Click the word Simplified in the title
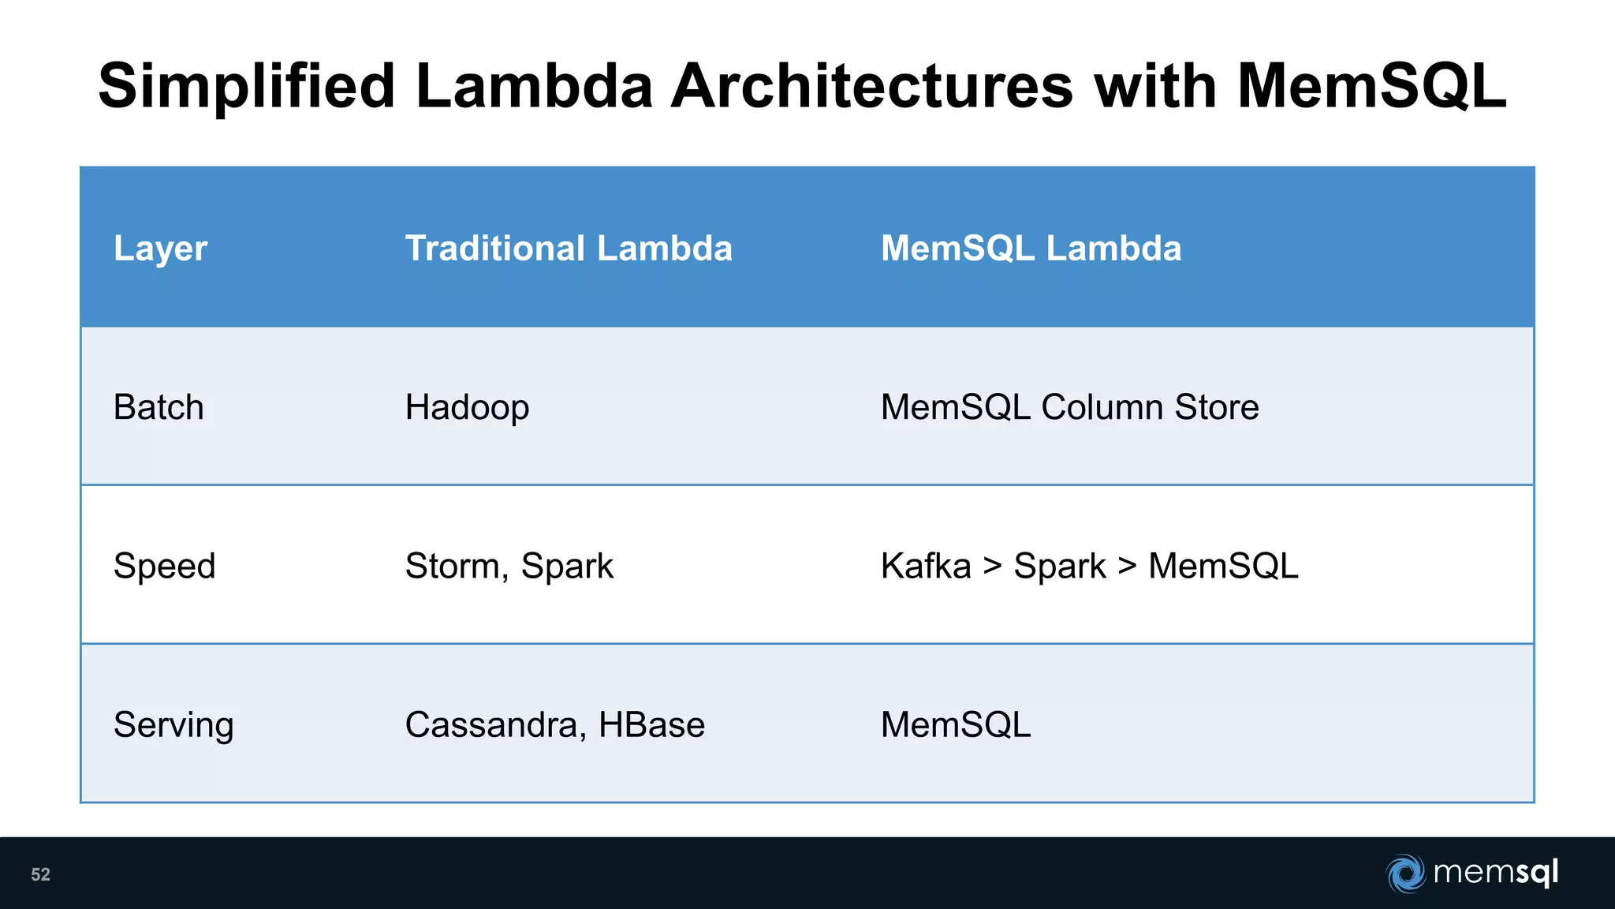click(x=246, y=87)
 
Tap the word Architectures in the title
click(x=871, y=87)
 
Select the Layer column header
click(x=160, y=249)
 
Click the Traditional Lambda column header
click(x=569, y=249)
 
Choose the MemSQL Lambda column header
click(x=1031, y=249)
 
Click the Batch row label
click(x=159, y=407)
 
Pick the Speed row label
click(x=164, y=567)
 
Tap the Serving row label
click(x=173, y=725)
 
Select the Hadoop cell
click(x=467, y=408)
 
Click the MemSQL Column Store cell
click(x=1069, y=407)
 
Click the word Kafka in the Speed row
click(x=926, y=567)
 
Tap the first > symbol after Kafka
click(x=993, y=567)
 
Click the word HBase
click(x=651, y=725)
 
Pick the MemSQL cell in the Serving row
click(x=956, y=725)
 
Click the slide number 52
click(x=40, y=874)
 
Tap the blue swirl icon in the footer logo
click(x=1405, y=873)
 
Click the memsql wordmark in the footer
click(x=1495, y=873)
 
